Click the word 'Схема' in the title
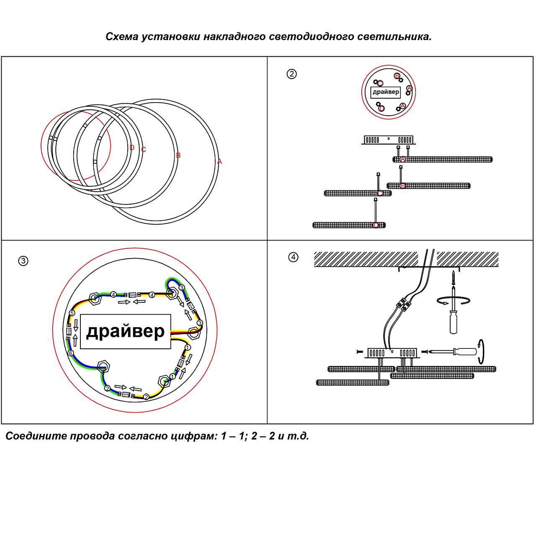pyautogui.click(x=122, y=37)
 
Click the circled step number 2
pyautogui.click(x=291, y=74)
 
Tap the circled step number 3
pyautogui.click(x=23, y=261)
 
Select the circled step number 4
pyautogui.click(x=293, y=257)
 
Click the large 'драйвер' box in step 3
pyautogui.click(x=125, y=332)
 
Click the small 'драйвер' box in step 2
pyautogui.click(x=386, y=92)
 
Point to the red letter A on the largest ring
pyautogui.click(x=219, y=162)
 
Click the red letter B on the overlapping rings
pyautogui.click(x=178, y=155)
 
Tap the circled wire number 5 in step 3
pyautogui.click(x=72, y=313)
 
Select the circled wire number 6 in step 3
pyautogui.click(x=71, y=353)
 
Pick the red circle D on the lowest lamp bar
pyautogui.click(x=376, y=225)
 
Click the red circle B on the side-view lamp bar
pyautogui.click(x=403, y=186)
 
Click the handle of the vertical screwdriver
pyautogui.click(x=453, y=323)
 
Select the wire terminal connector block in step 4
pyautogui.click(x=404, y=304)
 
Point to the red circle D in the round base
pyautogui.click(x=381, y=108)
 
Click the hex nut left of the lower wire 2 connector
pyautogui.click(x=103, y=366)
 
